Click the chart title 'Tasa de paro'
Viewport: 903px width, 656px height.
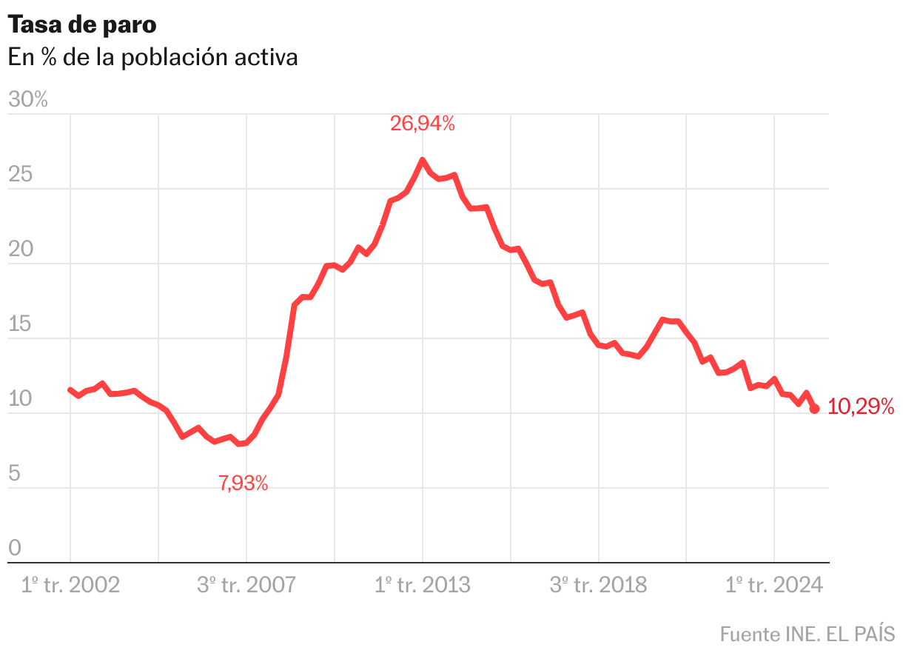coord(82,24)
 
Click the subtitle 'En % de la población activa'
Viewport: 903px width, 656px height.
coord(153,57)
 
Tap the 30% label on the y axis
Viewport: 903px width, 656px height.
coord(28,100)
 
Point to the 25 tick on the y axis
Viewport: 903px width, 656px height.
coord(21,175)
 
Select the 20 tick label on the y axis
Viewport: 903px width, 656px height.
coord(21,250)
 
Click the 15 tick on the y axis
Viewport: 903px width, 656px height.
coord(21,324)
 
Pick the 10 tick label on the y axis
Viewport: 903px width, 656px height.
coord(21,399)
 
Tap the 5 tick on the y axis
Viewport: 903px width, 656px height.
coord(14,474)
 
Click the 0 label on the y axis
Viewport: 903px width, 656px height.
coord(14,549)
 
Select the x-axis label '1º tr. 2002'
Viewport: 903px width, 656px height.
coord(70,585)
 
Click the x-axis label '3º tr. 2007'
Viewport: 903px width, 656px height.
coord(246,585)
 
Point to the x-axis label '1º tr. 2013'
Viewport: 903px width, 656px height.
coord(422,585)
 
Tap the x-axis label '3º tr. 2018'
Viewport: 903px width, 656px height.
coord(598,585)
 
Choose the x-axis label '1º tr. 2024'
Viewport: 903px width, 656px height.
coord(774,585)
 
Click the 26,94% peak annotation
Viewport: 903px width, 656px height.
coord(423,124)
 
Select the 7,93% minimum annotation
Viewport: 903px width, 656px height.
coord(244,484)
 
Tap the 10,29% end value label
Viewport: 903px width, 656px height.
coord(861,406)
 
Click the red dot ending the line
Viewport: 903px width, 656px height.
coord(814,409)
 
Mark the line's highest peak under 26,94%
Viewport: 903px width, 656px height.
coord(422,160)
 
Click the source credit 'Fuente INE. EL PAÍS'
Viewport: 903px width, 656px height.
coord(808,634)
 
